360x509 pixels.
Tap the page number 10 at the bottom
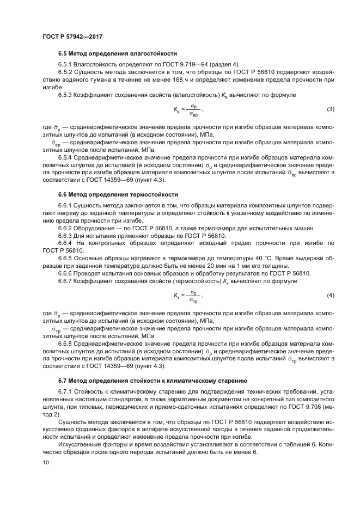click(45, 462)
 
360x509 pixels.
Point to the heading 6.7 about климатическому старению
click(152, 381)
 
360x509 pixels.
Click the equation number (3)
click(330, 110)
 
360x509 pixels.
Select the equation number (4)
click(330, 295)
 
